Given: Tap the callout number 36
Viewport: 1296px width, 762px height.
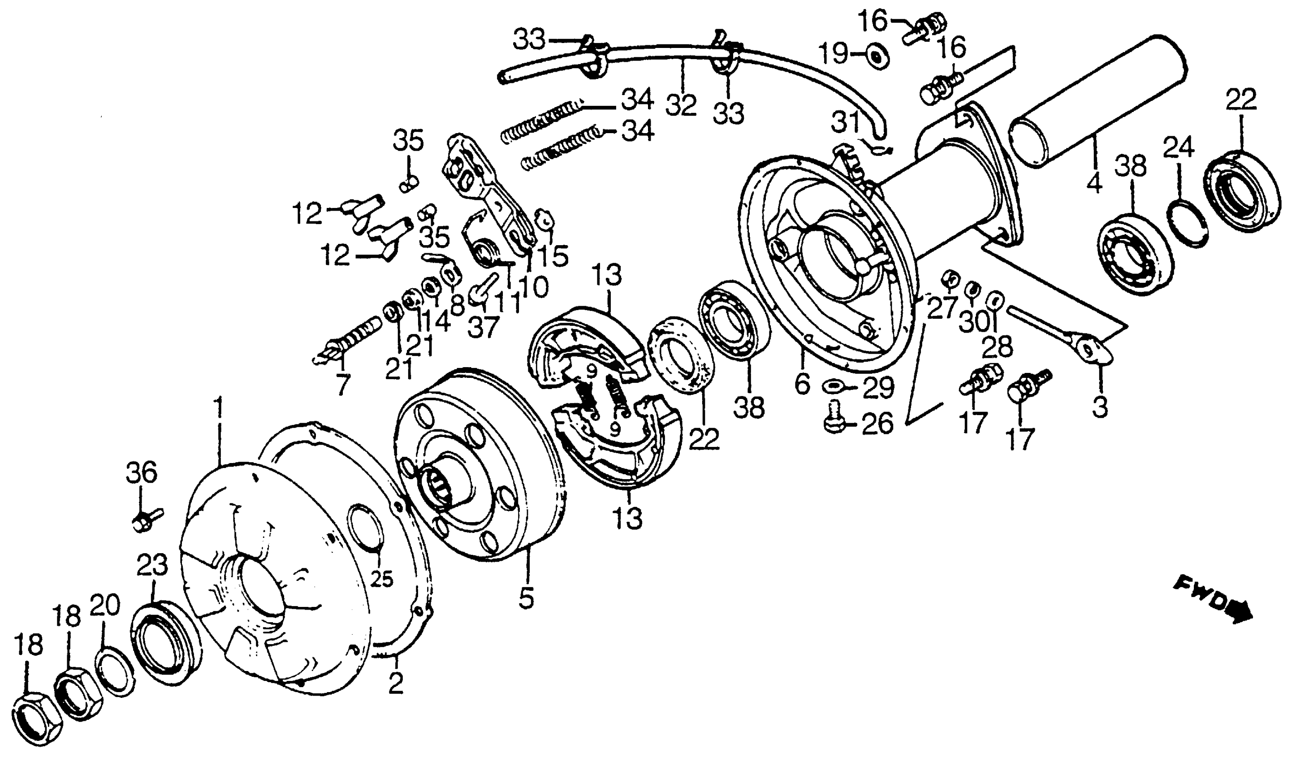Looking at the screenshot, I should [142, 472].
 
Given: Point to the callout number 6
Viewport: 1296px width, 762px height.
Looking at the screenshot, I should [802, 383].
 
